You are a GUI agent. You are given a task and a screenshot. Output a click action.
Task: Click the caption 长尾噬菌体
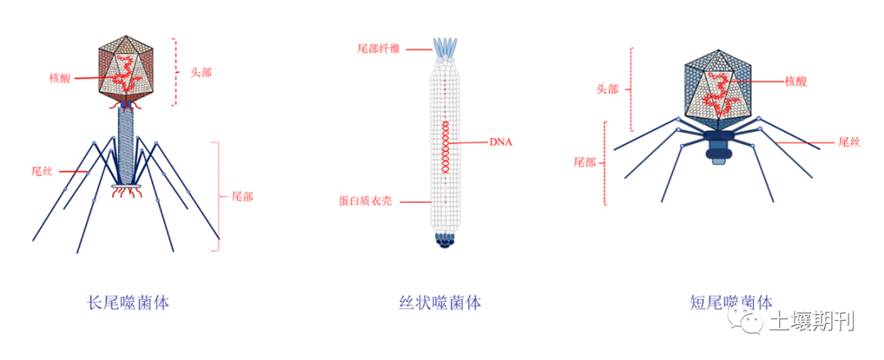[x=128, y=303]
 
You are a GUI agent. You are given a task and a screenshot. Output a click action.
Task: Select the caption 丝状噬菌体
[x=440, y=303]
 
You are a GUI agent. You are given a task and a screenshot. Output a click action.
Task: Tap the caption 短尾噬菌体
[x=731, y=303]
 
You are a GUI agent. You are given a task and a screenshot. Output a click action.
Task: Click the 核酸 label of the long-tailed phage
[x=60, y=79]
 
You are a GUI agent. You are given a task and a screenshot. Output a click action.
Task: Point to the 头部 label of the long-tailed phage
[x=201, y=72]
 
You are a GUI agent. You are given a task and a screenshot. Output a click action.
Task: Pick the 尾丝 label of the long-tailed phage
[x=42, y=172]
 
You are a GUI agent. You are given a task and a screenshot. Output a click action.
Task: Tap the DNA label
[x=501, y=142]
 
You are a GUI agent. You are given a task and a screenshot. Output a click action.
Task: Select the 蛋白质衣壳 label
[x=365, y=200]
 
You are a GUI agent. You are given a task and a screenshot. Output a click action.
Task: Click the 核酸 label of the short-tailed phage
[x=797, y=81]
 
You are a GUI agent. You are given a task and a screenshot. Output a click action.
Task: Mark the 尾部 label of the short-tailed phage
[x=584, y=161]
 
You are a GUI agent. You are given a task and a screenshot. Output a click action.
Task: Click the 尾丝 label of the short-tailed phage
[x=849, y=142]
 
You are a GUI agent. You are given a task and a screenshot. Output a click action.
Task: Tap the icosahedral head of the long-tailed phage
[x=127, y=69]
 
